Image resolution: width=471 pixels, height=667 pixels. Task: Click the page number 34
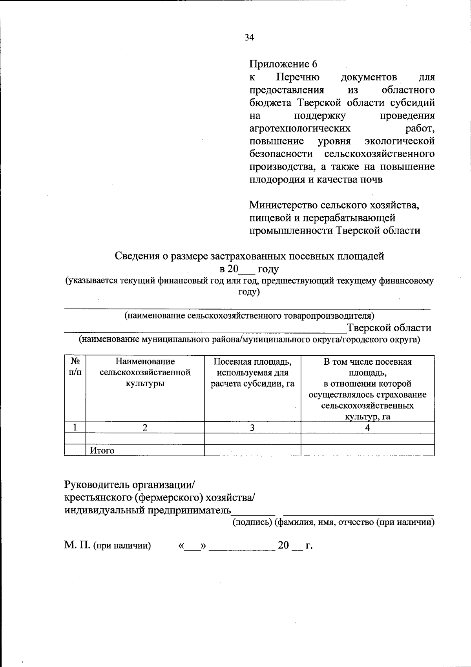click(x=249, y=37)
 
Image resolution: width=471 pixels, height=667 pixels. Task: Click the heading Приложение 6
click(x=283, y=64)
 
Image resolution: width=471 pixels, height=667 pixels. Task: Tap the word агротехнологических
click(x=300, y=128)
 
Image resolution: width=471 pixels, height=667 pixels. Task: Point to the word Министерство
click(x=283, y=205)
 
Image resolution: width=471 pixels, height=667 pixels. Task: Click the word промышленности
click(x=291, y=230)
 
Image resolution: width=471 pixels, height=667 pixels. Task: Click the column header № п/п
click(x=75, y=366)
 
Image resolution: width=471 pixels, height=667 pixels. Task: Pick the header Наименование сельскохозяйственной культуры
click(x=145, y=372)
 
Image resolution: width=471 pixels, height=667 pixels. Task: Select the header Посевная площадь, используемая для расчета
click(x=252, y=372)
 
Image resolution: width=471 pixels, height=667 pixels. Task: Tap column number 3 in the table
click(x=252, y=428)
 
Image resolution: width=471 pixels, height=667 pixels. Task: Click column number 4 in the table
click(x=367, y=428)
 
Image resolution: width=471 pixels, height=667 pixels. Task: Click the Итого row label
click(x=102, y=450)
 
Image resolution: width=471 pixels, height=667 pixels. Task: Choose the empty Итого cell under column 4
click(x=367, y=450)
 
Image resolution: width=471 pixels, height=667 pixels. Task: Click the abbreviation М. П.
click(x=77, y=545)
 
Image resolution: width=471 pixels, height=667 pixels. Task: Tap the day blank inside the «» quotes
click(x=192, y=546)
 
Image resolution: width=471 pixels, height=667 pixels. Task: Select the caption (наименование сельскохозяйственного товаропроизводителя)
click(x=249, y=315)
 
